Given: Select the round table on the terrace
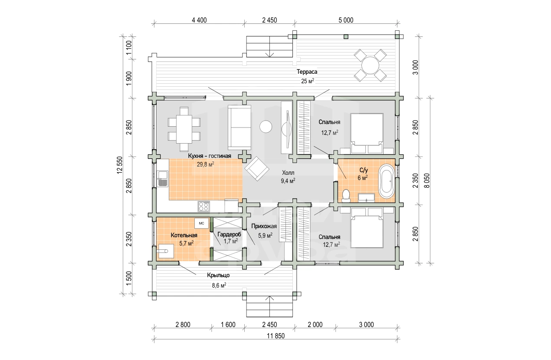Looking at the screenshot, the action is pos(370,65).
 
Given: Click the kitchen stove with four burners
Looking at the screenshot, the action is pos(203,206).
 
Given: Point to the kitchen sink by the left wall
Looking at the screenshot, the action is pos(162,179).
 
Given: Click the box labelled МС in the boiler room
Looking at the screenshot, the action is pos(201,223).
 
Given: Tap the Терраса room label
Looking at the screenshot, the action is pos(307,72).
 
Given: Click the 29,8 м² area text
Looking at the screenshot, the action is pos(205,164).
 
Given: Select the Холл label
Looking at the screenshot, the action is pos(288,173).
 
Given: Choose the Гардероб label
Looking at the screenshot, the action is pos(229,234).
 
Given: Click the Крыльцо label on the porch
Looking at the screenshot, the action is pos(218,275).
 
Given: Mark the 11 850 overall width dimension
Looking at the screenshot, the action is pos(276,336).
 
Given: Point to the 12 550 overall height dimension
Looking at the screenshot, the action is pos(120,165).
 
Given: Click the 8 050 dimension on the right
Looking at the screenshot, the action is pos(427,181).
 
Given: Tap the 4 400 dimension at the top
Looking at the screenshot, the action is pos(199,20).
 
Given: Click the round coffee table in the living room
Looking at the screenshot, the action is pos(266,127).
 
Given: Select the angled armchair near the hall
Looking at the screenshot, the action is pos(257,169).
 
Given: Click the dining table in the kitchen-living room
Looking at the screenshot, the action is pos(184,129).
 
